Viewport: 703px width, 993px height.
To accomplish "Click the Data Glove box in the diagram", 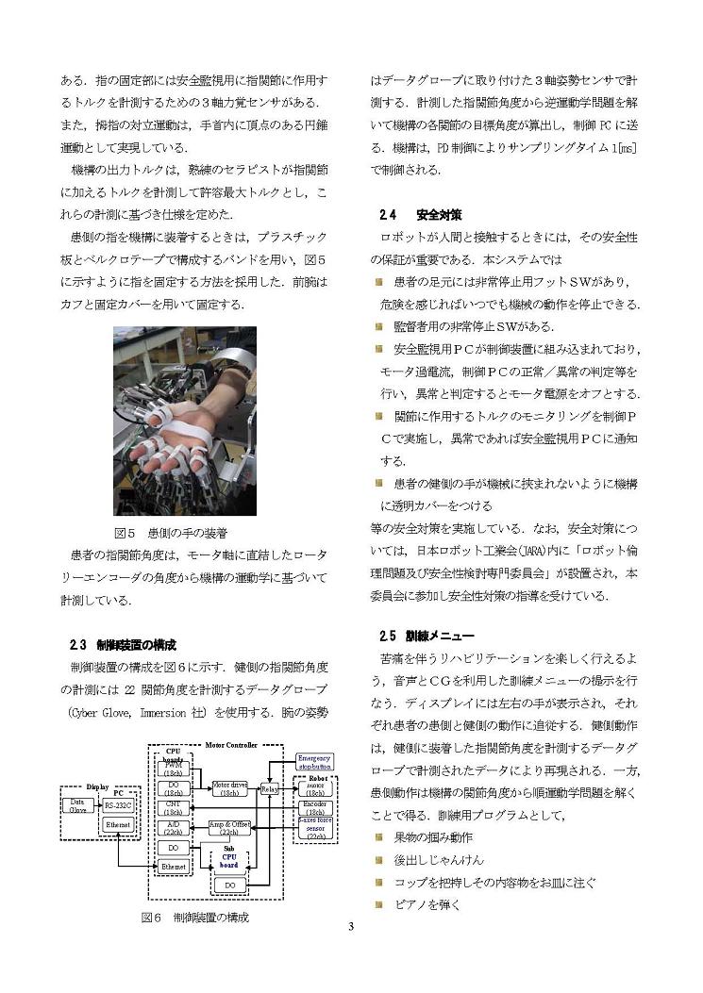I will tap(76, 805).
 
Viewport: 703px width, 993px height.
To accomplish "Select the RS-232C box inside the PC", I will tap(118, 805).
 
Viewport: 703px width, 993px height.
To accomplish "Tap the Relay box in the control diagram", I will tap(268, 788).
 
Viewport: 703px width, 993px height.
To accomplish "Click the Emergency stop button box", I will tap(313, 762).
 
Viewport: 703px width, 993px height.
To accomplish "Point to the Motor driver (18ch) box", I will tap(228, 788).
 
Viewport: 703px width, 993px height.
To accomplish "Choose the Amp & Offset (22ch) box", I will tap(228, 828).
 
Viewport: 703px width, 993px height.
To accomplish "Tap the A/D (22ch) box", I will tap(174, 828).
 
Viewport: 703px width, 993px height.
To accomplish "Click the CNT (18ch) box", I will tap(174, 807).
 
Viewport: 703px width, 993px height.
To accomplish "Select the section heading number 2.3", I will tap(78, 646).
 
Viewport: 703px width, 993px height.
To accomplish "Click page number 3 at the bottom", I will tap(350, 926).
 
